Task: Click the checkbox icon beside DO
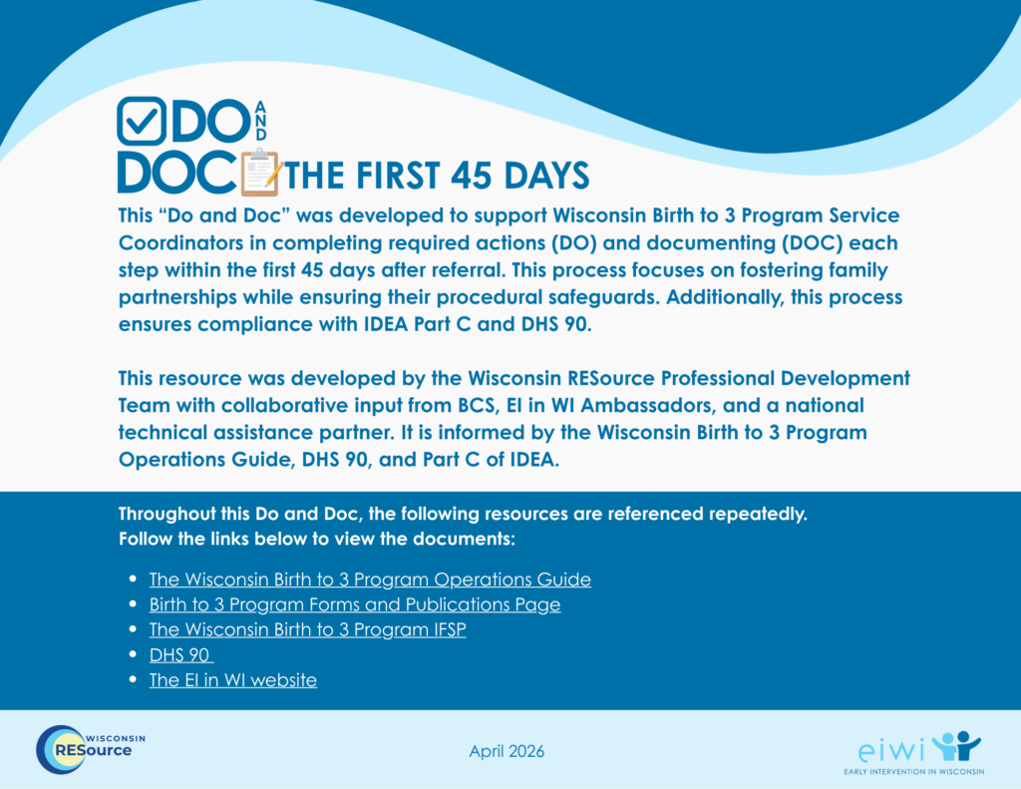(x=142, y=121)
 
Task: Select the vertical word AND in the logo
(x=260, y=121)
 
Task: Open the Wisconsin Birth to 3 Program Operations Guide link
(x=370, y=580)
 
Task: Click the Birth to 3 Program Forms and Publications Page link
(x=355, y=604)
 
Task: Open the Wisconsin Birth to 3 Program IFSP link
(x=307, y=629)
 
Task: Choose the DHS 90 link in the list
(x=179, y=654)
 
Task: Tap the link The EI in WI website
(x=233, y=679)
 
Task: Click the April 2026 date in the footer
(x=507, y=751)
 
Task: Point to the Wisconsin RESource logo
(x=91, y=749)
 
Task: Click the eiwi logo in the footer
(x=914, y=752)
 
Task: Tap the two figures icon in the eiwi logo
(x=956, y=745)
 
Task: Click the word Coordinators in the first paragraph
(x=192, y=243)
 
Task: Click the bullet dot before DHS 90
(x=133, y=654)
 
